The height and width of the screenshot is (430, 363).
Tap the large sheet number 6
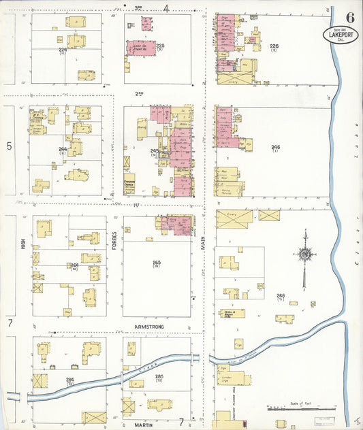tap(349, 17)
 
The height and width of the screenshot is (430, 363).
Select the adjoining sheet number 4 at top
tap(166, 8)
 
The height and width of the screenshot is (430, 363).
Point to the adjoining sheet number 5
tap(10, 146)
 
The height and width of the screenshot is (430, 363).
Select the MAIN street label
tap(202, 254)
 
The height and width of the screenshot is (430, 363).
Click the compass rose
tap(305, 254)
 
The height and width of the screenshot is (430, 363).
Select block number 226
tap(274, 46)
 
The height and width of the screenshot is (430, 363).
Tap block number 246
tap(275, 146)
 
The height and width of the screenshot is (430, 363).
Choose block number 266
tap(280, 295)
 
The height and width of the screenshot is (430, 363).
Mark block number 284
tap(69, 379)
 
